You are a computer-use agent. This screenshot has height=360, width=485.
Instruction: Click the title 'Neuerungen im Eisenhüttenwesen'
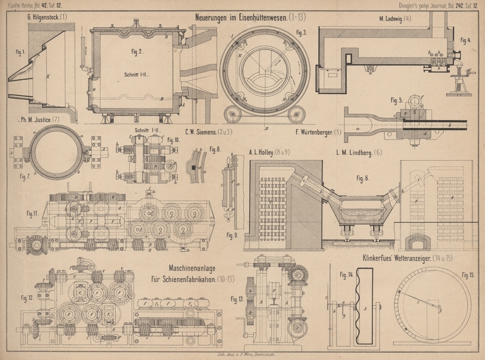(x=249, y=18)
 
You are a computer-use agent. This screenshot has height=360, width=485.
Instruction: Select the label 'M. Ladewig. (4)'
(x=395, y=18)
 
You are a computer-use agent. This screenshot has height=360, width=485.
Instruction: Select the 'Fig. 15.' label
(x=468, y=275)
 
